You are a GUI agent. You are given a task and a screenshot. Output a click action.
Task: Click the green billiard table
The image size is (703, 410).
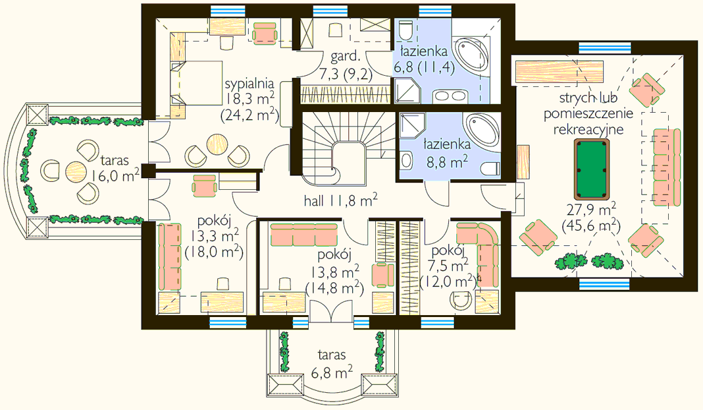pyautogui.click(x=592, y=169)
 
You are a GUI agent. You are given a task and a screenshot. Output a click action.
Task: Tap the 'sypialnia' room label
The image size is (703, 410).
pyautogui.click(x=249, y=84)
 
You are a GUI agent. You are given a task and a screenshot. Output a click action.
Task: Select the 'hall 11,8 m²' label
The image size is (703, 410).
pyautogui.click(x=340, y=200)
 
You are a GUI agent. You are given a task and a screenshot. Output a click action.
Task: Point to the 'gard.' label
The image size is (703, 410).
pyautogui.click(x=345, y=56)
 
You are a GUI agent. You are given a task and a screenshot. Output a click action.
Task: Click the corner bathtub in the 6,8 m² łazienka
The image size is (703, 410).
pyautogui.click(x=471, y=55)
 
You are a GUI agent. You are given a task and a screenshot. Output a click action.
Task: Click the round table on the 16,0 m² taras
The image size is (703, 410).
pyautogui.click(x=76, y=171)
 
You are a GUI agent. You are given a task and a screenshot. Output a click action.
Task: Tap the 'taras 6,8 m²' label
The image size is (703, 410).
pyautogui.click(x=332, y=363)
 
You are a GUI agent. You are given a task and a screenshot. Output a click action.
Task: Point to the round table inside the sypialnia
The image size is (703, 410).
pyautogui.click(x=217, y=144)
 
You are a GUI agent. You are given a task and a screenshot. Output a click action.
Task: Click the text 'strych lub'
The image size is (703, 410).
pyautogui.click(x=588, y=98)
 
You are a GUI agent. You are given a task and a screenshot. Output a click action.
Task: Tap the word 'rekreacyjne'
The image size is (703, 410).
pyautogui.click(x=588, y=129)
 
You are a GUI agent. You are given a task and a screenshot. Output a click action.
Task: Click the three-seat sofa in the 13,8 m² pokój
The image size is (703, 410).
pyautogui.click(x=304, y=235)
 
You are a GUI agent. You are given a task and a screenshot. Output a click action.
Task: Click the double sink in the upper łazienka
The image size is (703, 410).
pyautogui.click(x=450, y=96)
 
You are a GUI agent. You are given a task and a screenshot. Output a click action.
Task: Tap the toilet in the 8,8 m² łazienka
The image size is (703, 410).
pyautogui.click(x=491, y=168)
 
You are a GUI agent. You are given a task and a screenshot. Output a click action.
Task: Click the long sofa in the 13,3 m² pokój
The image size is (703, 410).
pyautogui.click(x=169, y=256)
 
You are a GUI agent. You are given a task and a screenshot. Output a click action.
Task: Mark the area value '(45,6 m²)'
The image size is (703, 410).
pyautogui.click(x=591, y=225)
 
